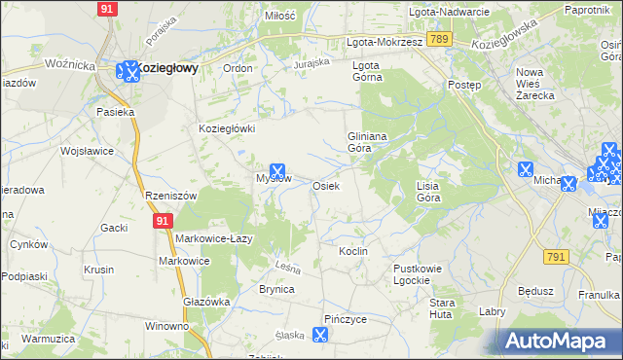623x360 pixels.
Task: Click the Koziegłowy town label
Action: click(167, 69)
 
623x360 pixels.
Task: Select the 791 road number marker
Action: click(556, 257)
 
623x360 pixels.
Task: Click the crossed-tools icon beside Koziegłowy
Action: click(128, 70)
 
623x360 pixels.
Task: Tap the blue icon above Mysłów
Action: click(277, 170)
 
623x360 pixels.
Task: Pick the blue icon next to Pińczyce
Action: click(319, 335)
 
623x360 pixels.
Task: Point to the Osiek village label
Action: click(325, 186)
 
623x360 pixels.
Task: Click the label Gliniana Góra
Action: click(368, 143)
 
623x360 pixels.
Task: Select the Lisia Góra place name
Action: click(428, 191)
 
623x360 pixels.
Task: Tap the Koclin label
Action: click(352, 251)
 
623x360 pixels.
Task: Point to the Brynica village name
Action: click(276, 289)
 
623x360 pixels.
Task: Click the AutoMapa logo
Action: click(561, 342)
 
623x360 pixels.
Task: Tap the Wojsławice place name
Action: click(88, 152)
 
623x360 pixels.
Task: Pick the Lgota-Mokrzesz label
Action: click(385, 43)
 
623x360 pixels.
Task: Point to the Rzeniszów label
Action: click(170, 196)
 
